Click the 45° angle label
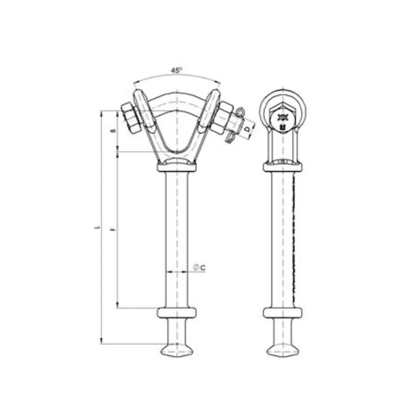tap(176, 70)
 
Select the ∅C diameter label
tap(199, 268)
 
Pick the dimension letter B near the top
tap(113, 131)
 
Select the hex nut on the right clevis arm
tap(225, 117)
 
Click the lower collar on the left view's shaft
tap(177, 313)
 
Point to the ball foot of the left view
tap(177, 349)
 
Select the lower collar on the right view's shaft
tap(283, 313)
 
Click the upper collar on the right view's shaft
tap(283, 167)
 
